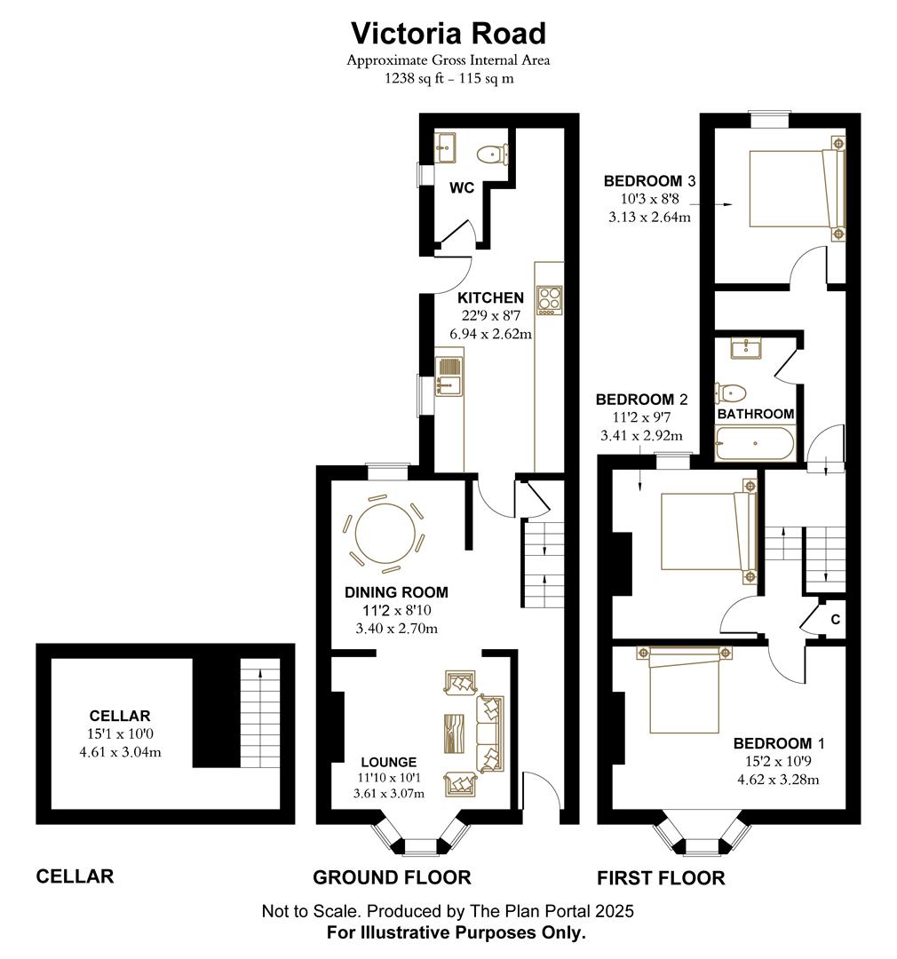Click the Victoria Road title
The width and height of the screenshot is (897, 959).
pyautogui.click(x=448, y=33)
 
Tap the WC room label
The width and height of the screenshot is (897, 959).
pyautogui.click(x=462, y=188)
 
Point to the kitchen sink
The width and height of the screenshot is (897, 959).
pyautogui.click(x=448, y=374)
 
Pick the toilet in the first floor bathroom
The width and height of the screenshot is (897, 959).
pyautogui.click(x=732, y=392)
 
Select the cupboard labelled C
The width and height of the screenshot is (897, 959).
pyautogui.click(x=834, y=620)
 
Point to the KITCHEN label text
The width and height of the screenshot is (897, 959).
pyautogui.click(x=490, y=297)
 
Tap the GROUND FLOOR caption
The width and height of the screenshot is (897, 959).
pyautogui.click(x=391, y=877)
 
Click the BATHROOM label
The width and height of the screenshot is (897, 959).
pyautogui.click(x=755, y=414)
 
